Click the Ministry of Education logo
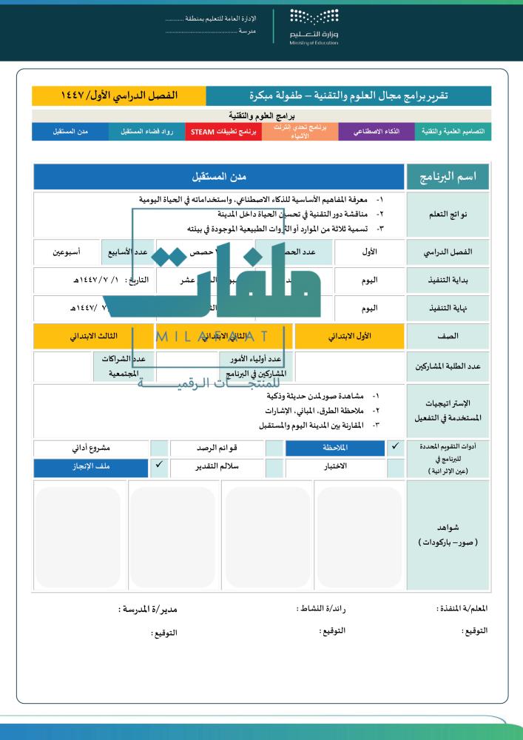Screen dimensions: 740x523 (x=314, y=27)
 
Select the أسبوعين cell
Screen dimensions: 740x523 (x=67, y=252)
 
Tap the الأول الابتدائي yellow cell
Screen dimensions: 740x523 (x=350, y=336)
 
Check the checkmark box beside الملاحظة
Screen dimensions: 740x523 (x=396, y=448)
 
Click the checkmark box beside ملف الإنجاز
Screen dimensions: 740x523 (x=159, y=467)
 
